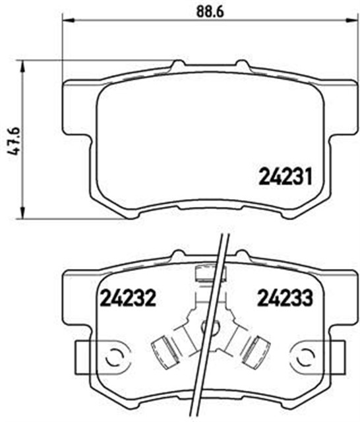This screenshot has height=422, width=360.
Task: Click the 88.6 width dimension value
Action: coord(206,11)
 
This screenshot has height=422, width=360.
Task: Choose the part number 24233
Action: coord(284,299)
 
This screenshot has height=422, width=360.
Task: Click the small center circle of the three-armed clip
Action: coord(212,325)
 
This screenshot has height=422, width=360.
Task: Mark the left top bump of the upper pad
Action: coord(178,65)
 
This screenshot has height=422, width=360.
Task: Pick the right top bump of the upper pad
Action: coord(243,65)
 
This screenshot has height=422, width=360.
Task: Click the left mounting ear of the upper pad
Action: coord(76,105)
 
